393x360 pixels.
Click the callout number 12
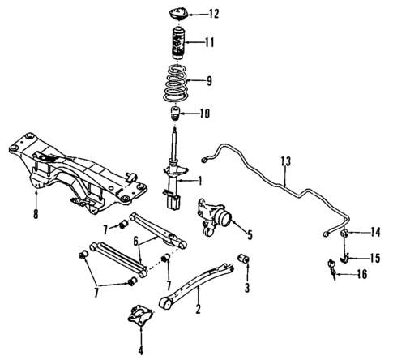[212, 14]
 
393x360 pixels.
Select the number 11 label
[211, 42]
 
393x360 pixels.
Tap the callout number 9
[210, 80]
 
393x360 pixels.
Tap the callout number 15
[374, 259]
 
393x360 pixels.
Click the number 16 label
[361, 276]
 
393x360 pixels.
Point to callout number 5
[249, 236]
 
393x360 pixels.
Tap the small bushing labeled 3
[241, 259]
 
